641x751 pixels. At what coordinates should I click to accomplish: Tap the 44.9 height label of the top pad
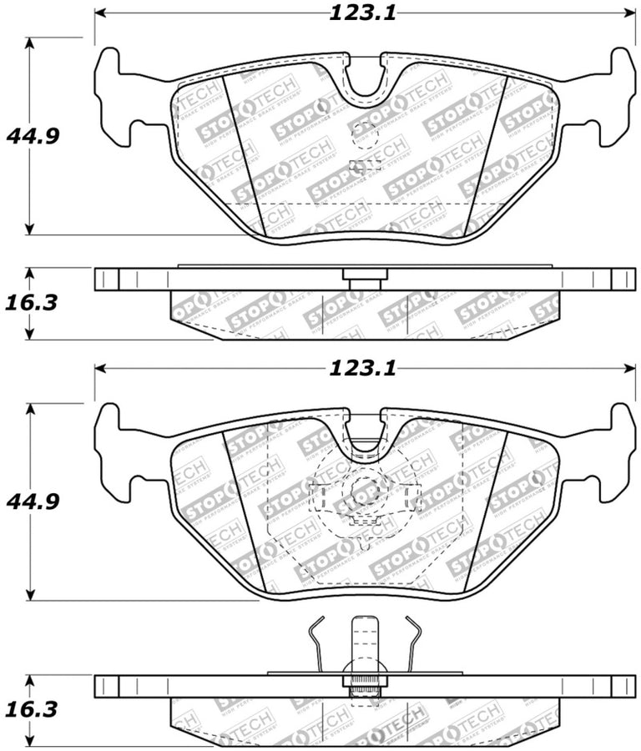click(33, 135)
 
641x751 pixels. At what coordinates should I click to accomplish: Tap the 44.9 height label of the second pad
click(33, 502)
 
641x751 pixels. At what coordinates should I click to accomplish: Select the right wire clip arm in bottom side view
click(413, 643)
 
